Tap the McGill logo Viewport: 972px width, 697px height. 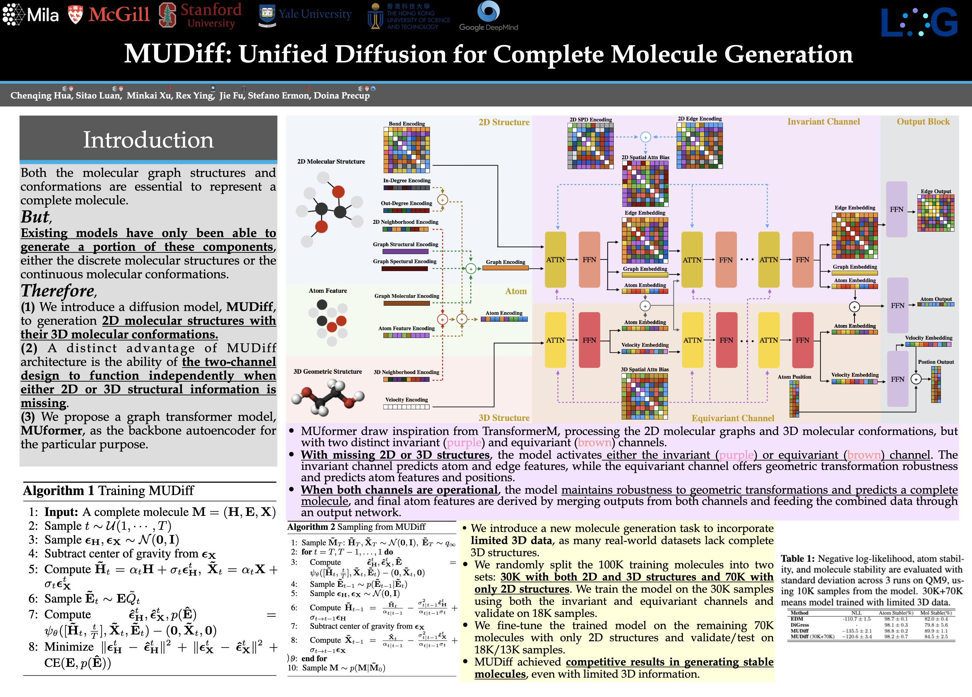109,15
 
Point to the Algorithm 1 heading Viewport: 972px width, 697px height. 108,490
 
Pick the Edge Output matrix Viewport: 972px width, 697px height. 936,213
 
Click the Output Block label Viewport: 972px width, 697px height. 923,122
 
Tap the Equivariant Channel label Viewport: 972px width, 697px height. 733,418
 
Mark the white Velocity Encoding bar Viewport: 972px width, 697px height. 406,407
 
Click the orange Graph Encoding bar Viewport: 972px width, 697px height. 505,268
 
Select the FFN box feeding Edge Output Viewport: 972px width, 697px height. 897,209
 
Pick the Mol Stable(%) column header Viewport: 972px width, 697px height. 936,613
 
